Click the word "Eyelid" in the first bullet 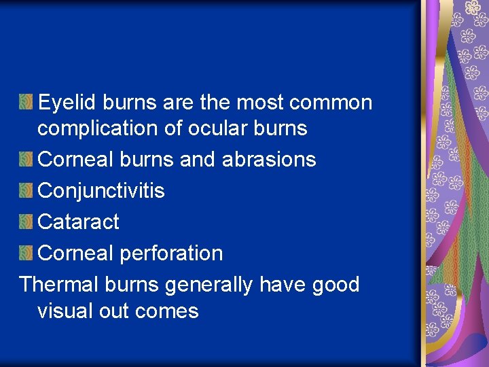[68, 103]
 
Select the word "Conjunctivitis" [101, 191]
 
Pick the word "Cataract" [78, 222]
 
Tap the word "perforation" [171, 254]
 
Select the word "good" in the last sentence [336, 284]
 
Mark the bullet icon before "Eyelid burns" [26, 103]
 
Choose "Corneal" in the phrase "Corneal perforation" [76, 254]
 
